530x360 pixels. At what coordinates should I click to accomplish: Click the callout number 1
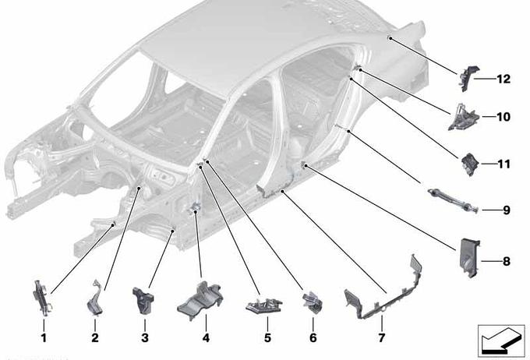point(44,337)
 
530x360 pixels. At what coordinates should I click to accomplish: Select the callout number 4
point(206,337)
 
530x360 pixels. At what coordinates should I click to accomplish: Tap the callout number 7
point(382,337)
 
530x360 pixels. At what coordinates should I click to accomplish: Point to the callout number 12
point(503,79)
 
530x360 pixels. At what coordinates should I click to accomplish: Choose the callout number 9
point(506,210)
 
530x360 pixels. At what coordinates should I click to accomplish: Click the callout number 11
point(503,164)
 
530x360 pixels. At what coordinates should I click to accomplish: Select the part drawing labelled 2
point(94,298)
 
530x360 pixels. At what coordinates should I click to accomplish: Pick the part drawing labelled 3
point(143,300)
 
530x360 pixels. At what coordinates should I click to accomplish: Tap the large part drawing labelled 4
point(200,301)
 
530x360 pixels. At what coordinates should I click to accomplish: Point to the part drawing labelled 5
point(264,305)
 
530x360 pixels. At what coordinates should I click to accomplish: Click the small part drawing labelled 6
point(313,302)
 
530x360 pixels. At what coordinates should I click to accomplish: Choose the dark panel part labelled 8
point(470,258)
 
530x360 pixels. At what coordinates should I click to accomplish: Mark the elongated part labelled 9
point(453,200)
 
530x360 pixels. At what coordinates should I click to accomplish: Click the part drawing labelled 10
point(464,118)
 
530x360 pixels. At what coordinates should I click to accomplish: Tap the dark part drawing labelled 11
point(470,164)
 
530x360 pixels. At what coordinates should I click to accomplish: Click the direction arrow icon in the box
point(501,341)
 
